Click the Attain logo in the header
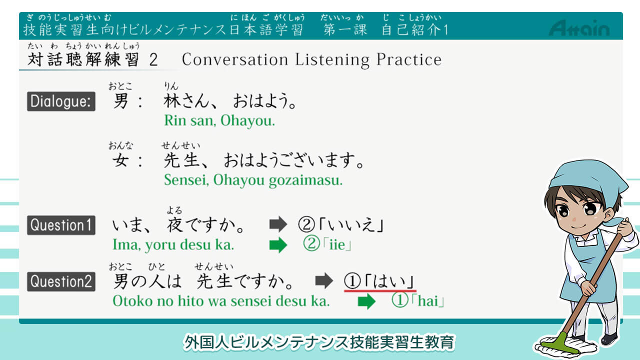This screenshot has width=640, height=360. coord(579,28)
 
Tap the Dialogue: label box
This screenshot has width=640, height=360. coord(61,101)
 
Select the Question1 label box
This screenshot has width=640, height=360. coord(61,225)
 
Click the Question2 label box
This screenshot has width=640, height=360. coord(61,281)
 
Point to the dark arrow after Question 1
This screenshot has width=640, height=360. coord(278,224)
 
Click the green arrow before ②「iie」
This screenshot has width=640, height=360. coord(278,245)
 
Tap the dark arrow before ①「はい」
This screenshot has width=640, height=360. coord(324,280)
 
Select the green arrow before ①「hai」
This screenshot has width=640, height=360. coord(366,301)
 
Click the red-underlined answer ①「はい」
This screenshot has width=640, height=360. coord(379,281)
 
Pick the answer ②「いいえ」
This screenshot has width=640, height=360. coord(341,224)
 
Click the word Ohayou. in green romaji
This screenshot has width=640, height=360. coord(247,120)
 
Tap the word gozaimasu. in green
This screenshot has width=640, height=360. coord(305,180)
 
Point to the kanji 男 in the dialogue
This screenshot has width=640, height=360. coord(120,101)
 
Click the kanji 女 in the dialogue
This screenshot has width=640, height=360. coord(120,159)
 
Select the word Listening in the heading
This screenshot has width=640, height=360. coord(332,59)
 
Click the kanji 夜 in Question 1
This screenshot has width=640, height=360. coord(175,225)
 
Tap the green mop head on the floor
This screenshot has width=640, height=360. coord(565,344)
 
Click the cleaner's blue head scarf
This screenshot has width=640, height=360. coord(588,183)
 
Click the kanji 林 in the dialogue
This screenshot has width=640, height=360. coord(172,101)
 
